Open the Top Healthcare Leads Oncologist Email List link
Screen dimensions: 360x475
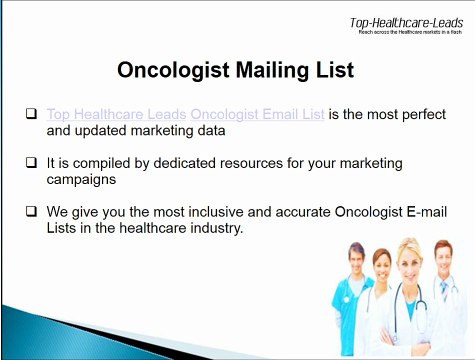coord(185,114)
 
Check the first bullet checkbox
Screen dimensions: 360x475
coord(32,114)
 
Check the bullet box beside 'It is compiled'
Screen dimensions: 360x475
coord(32,160)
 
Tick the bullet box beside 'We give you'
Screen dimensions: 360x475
coord(32,212)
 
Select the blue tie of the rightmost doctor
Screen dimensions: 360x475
coord(444,291)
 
